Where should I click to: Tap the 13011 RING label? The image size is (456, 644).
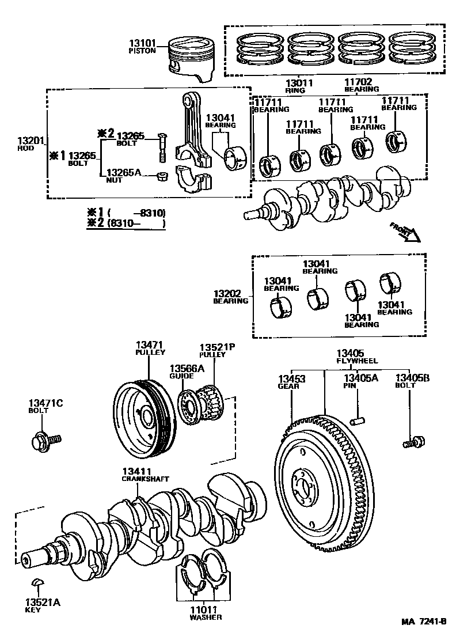tap(299, 86)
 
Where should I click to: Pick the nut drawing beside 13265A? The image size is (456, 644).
tap(163, 175)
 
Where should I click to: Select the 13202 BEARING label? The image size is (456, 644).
tap(230, 296)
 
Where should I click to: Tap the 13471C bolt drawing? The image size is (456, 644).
tap(45, 442)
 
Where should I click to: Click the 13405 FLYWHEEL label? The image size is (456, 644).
tap(355, 357)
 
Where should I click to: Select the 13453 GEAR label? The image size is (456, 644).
tap(291, 382)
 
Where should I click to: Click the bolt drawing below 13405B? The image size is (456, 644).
tap(412, 442)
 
